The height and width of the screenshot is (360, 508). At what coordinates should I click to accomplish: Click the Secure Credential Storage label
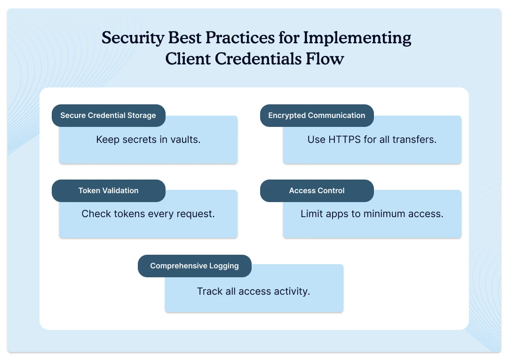click(x=108, y=116)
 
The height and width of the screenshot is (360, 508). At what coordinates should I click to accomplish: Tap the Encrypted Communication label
click(x=317, y=116)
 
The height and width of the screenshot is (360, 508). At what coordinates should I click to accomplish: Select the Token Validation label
click(x=108, y=191)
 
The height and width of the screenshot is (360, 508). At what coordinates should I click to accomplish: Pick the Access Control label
click(x=317, y=191)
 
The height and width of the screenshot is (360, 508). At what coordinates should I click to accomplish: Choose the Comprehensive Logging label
click(x=194, y=266)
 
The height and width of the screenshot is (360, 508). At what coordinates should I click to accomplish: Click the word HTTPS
click(x=344, y=140)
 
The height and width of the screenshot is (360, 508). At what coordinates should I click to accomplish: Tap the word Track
click(x=210, y=291)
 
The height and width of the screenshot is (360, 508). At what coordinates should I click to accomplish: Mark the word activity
click(x=291, y=291)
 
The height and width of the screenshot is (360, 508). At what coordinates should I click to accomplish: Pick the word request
click(x=195, y=214)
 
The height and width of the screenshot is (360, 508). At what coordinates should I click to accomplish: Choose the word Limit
click(x=311, y=214)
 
